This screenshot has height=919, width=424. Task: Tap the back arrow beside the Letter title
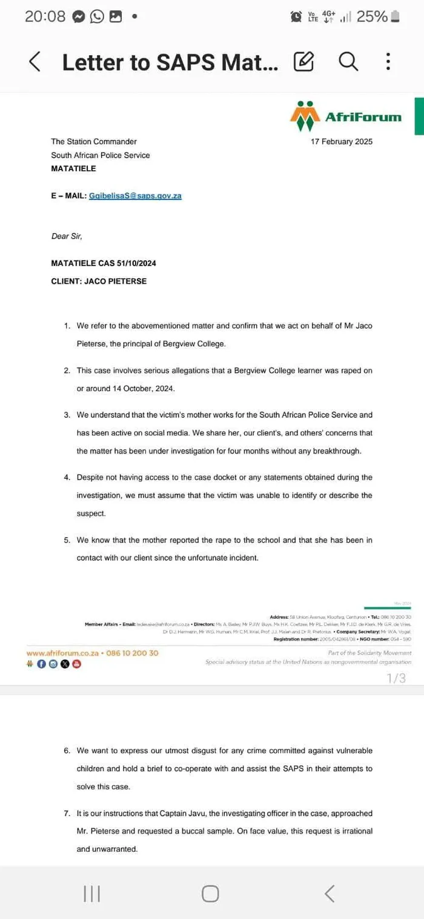[35, 61]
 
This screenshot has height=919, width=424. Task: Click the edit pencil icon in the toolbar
[303, 61]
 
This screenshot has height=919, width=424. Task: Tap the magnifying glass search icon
[348, 61]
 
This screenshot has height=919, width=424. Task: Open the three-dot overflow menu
[388, 61]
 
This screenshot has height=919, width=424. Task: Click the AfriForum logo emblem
[304, 116]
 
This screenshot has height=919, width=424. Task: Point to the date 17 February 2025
[342, 142]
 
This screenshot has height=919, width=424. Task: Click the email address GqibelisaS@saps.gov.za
[135, 196]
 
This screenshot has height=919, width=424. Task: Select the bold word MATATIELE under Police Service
[73, 169]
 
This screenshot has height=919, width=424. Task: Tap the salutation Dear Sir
[67, 236]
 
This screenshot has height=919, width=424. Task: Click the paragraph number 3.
[67, 415]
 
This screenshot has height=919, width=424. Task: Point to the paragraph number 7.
[67, 813]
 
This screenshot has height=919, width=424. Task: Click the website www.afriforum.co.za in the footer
[62, 636]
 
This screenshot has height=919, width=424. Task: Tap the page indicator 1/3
[396, 661]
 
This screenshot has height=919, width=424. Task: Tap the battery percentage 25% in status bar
[372, 16]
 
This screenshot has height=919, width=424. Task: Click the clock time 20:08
[44, 16]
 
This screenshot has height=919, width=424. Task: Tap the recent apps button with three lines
[91, 894]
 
